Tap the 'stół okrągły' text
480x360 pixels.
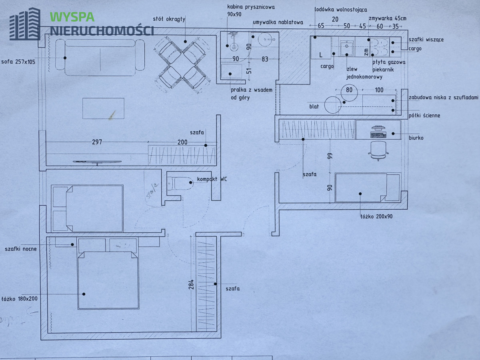(169, 19)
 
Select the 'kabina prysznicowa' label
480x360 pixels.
(251, 7)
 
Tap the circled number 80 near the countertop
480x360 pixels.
(349, 90)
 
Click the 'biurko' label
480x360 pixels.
(416, 138)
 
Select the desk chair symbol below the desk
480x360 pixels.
(378, 150)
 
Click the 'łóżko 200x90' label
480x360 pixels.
(376, 216)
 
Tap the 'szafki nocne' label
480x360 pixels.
(21, 249)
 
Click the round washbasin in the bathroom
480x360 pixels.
(264, 40)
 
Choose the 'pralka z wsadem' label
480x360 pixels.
(252, 90)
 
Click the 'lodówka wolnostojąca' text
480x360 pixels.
(341, 9)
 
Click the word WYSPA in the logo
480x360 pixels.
(72, 17)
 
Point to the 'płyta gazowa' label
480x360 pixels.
(389, 62)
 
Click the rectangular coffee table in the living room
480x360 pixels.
(103, 108)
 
